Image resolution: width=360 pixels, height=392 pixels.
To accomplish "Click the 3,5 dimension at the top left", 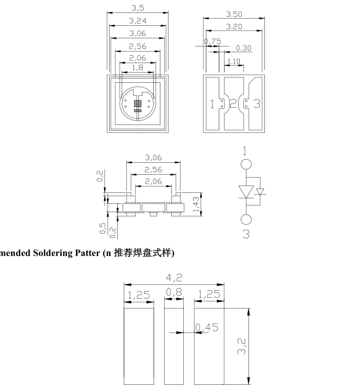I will (137, 8).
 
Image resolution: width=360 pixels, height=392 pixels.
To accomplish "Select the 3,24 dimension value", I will (137, 21).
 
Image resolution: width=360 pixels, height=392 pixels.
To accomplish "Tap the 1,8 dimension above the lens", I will (137, 67).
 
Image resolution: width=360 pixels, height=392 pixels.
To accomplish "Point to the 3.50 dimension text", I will (234, 14).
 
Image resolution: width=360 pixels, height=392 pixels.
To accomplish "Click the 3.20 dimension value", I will (234, 27).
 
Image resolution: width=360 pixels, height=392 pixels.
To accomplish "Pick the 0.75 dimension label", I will (213, 42).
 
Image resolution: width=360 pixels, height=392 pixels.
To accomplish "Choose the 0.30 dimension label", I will (244, 48).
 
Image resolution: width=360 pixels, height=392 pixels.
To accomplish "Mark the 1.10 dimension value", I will (234, 61).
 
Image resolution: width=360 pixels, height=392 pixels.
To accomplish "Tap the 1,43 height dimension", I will (196, 204).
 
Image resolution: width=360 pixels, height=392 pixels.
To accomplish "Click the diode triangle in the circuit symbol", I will (246, 191).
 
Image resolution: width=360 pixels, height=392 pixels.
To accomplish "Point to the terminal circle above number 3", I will (246, 220).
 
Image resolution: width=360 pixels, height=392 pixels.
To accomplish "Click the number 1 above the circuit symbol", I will (246, 151).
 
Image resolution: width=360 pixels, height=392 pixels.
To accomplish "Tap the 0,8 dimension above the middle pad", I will (174, 292).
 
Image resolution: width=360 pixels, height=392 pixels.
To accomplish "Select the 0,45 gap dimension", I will (207, 327).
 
